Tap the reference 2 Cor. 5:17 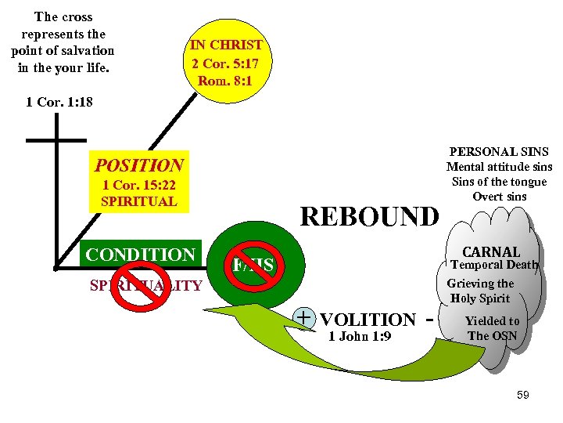(x=227, y=63)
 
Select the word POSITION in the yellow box (x=138, y=165)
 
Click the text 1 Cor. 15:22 (x=138, y=186)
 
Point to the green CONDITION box (x=140, y=255)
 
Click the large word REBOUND (x=370, y=216)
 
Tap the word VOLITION (x=368, y=320)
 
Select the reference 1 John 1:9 (x=360, y=337)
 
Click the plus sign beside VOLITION (x=305, y=317)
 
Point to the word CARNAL (x=491, y=251)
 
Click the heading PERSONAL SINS (x=499, y=152)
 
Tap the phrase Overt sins (x=500, y=197)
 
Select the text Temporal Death (x=494, y=265)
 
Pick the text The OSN (x=492, y=336)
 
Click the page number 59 (x=522, y=395)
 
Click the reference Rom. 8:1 (x=227, y=80)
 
